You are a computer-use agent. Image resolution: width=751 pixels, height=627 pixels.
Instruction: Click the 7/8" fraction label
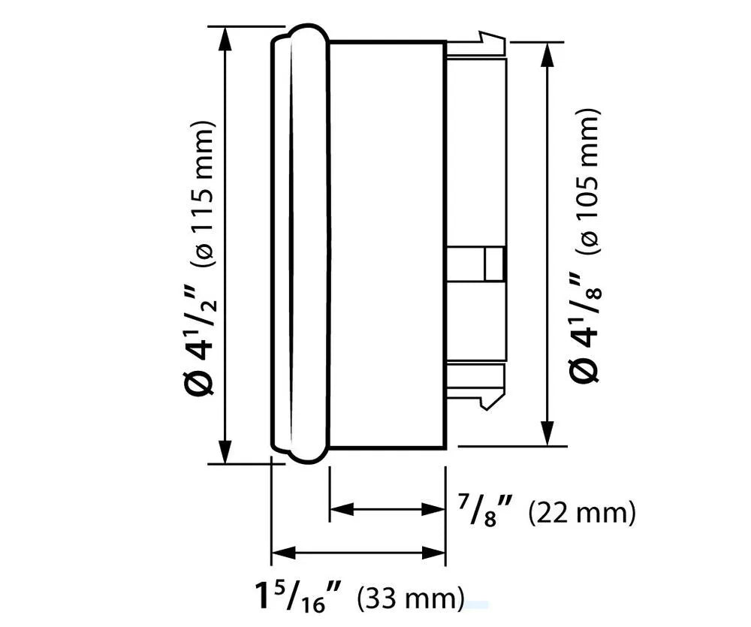click(484, 513)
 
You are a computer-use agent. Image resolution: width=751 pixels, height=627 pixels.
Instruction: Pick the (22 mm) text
click(582, 514)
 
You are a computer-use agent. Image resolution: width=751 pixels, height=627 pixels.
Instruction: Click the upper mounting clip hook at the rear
click(490, 41)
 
